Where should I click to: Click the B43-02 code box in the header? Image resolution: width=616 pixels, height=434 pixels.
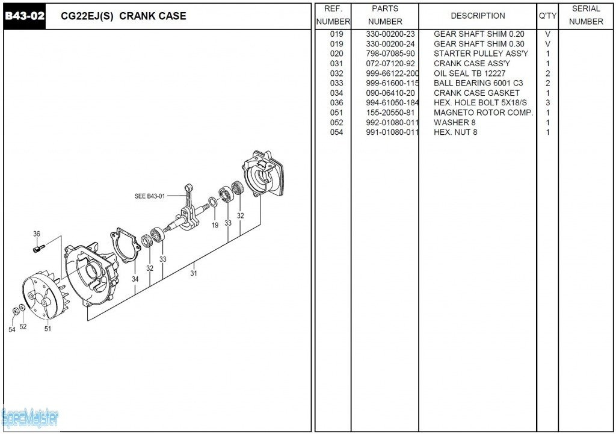pos(25,16)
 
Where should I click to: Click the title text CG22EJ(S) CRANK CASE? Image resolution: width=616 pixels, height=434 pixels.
pos(123,16)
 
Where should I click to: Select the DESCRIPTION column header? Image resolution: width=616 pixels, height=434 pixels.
pos(478,16)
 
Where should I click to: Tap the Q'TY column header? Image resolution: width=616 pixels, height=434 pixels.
pos(547,16)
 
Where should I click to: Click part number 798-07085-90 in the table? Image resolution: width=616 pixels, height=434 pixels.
pos(390,54)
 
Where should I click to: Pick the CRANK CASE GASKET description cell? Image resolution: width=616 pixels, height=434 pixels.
pos(476,93)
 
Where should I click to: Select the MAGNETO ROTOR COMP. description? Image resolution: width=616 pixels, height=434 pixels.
pos(483,113)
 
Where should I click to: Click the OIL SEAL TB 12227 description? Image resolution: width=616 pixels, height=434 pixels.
pos(469,73)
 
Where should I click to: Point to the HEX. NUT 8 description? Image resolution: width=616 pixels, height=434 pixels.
pos(455,132)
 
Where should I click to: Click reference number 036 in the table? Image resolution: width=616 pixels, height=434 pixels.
pos(336,103)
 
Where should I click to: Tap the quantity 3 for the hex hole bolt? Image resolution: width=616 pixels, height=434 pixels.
pos(547,103)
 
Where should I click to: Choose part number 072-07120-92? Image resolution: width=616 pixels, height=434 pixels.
pos(390,63)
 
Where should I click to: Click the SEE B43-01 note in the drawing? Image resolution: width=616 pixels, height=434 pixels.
pos(149,196)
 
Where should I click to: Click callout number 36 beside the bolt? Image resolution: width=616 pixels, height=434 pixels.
pos(37,234)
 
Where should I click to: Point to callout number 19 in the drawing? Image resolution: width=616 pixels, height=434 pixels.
pos(215,225)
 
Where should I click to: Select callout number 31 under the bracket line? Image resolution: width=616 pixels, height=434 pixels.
pos(194,273)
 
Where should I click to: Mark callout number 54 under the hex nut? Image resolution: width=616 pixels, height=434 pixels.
pos(12,329)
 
